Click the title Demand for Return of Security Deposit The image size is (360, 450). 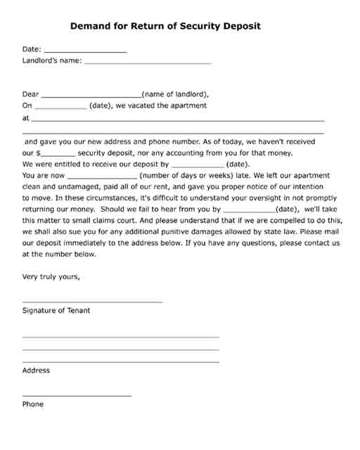click(165, 26)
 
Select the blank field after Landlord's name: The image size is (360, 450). click(147, 62)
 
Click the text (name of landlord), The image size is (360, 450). click(175, 94)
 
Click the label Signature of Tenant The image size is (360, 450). click(56, 310)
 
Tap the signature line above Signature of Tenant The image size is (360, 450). click(92, 301)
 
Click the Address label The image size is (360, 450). click(36, 371)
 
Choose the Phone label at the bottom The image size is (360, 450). click(33, 404)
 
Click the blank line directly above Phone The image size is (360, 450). click(77, 395)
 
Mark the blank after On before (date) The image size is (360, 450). click(60, 108)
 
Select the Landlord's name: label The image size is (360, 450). click(51, 60)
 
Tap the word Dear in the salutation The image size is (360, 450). click(31, 94)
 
